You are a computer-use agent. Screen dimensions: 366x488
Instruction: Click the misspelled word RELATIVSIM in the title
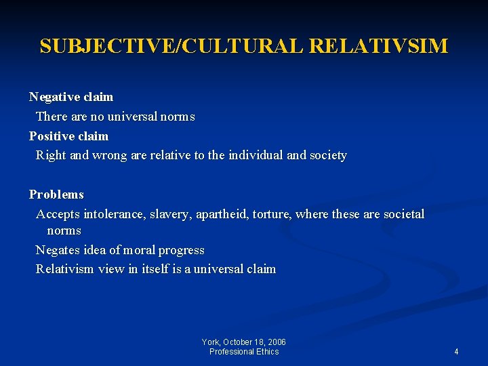(379, 46)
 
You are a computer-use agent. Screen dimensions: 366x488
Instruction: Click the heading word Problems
(56, 195)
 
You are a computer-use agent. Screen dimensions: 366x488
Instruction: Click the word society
(328, 155)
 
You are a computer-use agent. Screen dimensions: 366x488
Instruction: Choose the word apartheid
(222, 214)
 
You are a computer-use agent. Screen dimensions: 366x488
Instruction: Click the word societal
(404, 214)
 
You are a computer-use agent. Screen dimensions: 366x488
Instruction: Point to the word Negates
(57, 250)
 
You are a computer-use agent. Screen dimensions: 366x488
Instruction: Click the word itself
(157, 269)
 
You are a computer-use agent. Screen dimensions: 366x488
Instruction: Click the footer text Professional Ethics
(244, 351)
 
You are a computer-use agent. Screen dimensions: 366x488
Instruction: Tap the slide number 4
(456, 351)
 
